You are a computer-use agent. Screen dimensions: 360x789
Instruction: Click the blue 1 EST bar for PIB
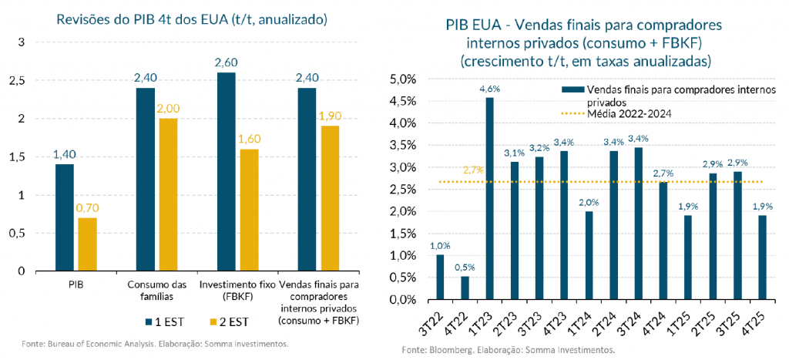point(64,217)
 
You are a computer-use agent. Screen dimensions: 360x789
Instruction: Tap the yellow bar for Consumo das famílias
point(167,195)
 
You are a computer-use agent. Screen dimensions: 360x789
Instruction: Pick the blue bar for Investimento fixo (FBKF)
point(226,172)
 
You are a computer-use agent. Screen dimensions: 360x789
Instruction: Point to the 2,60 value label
point(226,62)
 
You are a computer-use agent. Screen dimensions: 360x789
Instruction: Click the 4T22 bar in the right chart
point(465,288)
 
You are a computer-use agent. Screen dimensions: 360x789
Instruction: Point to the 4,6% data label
point(490,89)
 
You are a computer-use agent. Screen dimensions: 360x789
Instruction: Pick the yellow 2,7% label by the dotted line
point(474,170)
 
